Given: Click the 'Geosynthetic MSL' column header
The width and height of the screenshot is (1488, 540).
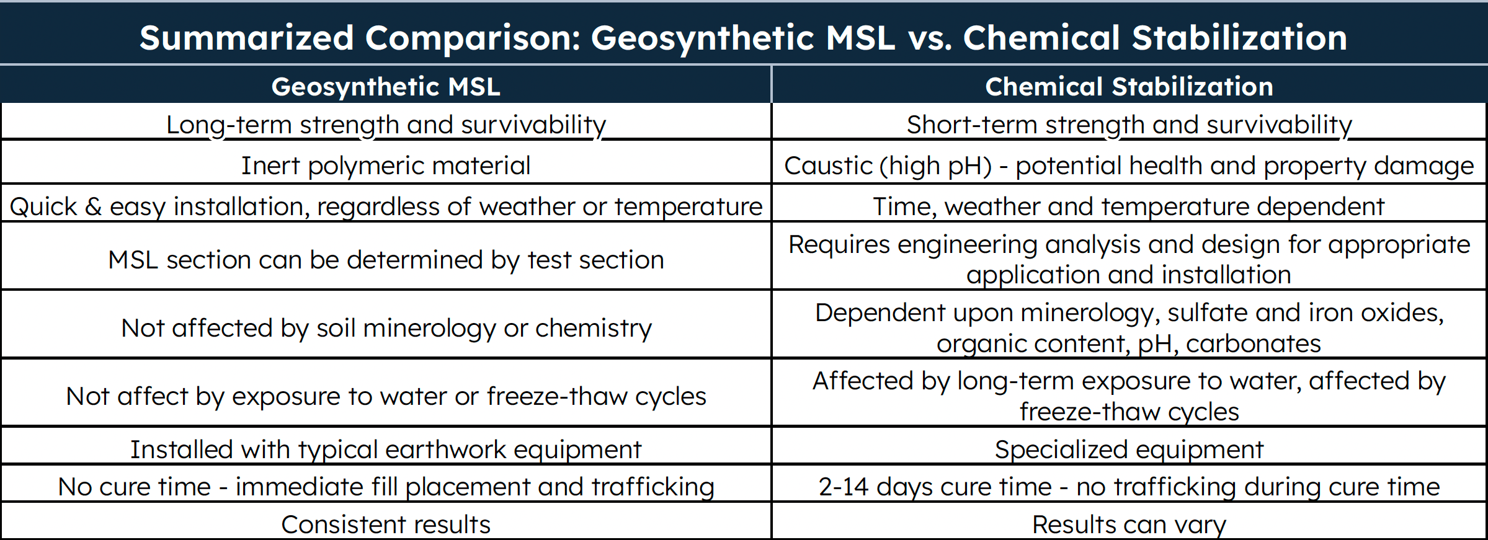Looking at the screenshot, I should (x=385, y=86).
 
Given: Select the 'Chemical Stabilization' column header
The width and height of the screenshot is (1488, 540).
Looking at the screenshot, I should (x=1129, y=86).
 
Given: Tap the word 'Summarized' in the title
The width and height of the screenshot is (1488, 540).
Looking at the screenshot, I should (x=246, y=38).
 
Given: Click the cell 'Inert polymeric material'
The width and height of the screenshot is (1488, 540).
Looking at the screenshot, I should (x=385, y=166).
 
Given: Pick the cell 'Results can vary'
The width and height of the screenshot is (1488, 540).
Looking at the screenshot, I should (x=1129, y=525).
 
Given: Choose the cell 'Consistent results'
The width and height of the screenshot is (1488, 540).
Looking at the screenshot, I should (x=385, y=525).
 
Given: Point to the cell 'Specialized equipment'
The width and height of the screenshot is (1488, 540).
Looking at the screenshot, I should (x=1129, y=449).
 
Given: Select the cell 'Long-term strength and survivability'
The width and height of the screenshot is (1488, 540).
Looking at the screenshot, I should (x=385, y=125).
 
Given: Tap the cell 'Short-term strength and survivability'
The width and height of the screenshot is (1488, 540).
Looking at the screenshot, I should (x=1129, y=125).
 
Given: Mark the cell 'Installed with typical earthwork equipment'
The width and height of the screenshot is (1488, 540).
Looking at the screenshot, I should (x=385, y=449).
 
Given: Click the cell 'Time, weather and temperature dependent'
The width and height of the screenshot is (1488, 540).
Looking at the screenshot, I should (x=1129, y=206).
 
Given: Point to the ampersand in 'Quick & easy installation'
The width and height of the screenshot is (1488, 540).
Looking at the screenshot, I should (x=93, y=206).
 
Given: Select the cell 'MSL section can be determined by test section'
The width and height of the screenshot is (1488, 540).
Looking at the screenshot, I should (x=385, y=260).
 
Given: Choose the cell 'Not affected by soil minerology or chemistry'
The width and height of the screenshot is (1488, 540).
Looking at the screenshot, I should (x=385, y=328).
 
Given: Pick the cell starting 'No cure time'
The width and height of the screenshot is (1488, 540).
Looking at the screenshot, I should (x=385, y=487).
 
